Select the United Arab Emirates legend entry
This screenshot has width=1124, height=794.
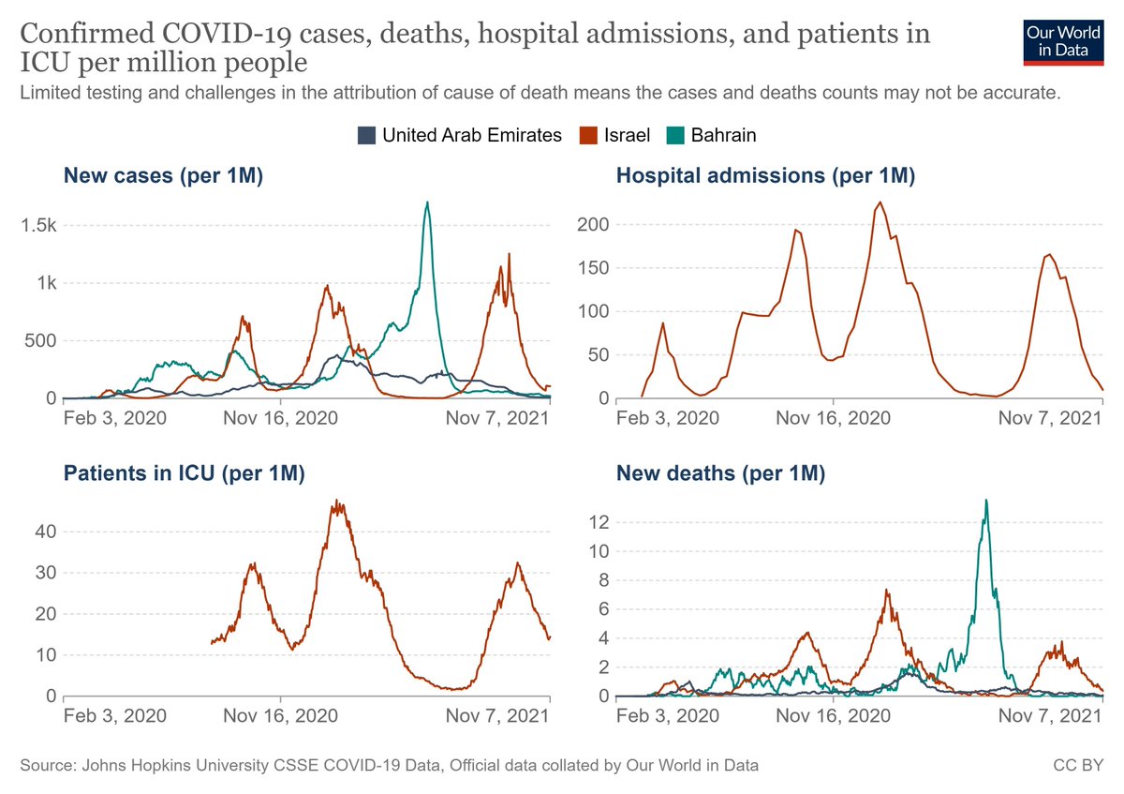tap(461, 135)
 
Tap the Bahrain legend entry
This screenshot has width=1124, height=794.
tap(713, 135)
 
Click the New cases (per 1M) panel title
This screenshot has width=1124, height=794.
tap(162, 174)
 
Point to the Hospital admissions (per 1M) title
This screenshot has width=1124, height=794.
tap(765, 174)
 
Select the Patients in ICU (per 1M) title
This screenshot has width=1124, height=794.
tap(185, 474)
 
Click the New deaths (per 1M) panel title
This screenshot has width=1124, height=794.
tap(720, 474)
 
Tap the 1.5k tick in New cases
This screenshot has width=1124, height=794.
tap(39, 226)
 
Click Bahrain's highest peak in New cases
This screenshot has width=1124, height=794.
tap(427, 202)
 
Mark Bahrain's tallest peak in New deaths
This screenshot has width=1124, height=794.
tap(985, 500)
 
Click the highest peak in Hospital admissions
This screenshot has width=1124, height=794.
tap(880, 202)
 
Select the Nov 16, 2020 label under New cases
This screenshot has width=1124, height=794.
tap(279, 416)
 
